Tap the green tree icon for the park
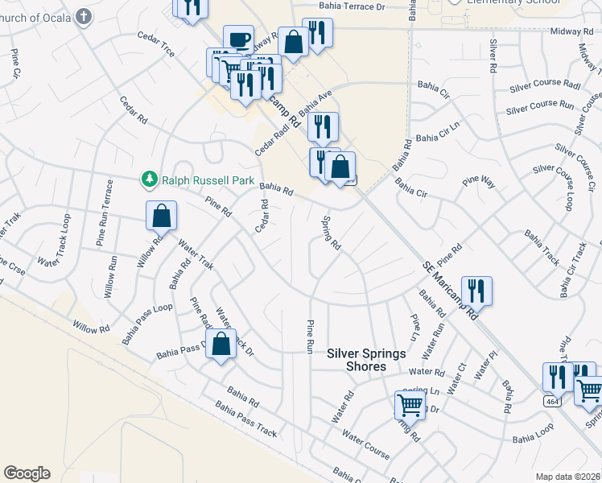click(x=148, y=178)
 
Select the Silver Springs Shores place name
click(x=367, y=360)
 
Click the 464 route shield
click(x=551, y=400)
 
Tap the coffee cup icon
click(x=238, y=39)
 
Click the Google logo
click(x=27, y=473)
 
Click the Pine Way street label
click(x=479, y=181)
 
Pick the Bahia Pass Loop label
click(x=147, y=323)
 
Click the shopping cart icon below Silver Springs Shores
click(x=410, y=405)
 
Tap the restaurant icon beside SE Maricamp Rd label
click(x=476, y=291)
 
